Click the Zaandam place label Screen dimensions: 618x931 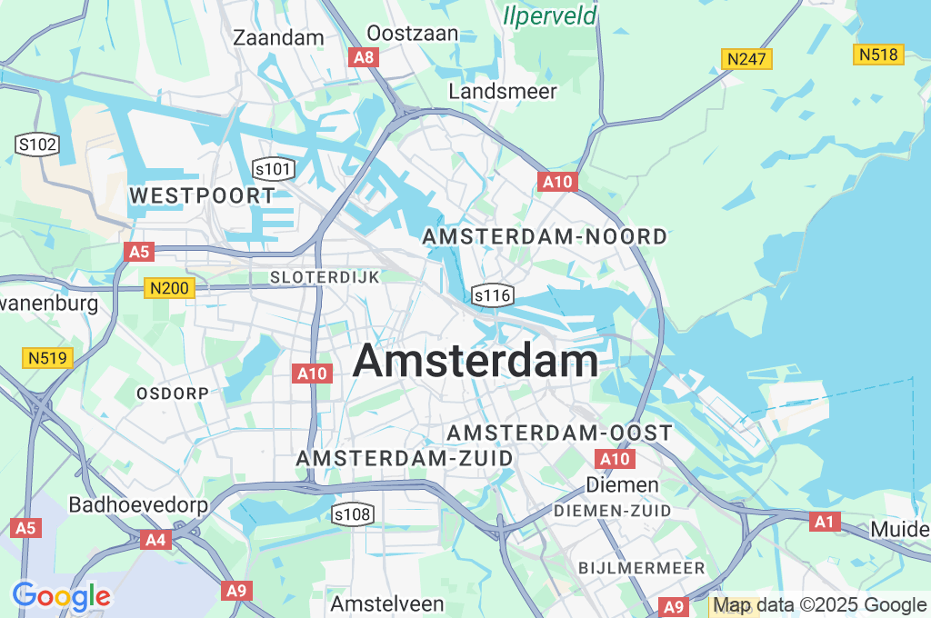pos(278,37)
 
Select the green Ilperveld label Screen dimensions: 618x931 pos(551,15)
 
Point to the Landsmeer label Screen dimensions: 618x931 pos(503,91)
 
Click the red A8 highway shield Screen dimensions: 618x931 pos(363,57)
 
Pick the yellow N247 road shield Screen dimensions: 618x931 pos(746,60)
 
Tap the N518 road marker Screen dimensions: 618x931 pos(879,55)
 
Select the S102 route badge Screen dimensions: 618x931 pos(37,144)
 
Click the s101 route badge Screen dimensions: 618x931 pos(274,168)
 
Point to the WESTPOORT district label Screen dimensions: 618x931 pos(202,195)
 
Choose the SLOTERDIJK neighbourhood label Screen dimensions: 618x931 pos(325,276)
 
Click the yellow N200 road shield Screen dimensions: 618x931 pos(168,289)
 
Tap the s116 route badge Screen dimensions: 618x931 pos(493,295)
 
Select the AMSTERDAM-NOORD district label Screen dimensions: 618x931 pos(545,236)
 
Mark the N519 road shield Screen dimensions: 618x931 pos(47,358)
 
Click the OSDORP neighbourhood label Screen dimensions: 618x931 pos(172,393)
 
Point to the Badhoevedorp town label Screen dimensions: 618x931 pos(138,504)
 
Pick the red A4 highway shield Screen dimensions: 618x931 pos(155,540)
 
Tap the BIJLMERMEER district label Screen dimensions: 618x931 pos(642,568)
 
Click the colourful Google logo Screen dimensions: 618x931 pos(61,597)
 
